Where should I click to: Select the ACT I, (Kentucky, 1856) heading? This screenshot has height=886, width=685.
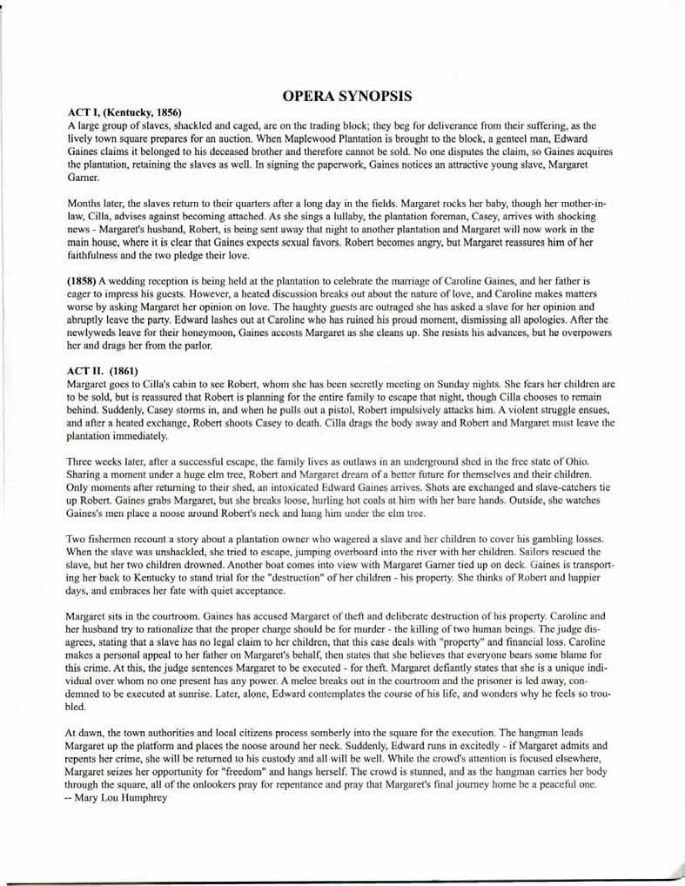pyautogui.click(x=124, y=112)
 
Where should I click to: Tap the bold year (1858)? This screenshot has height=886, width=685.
pyautogui.click(x=84, y=282)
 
